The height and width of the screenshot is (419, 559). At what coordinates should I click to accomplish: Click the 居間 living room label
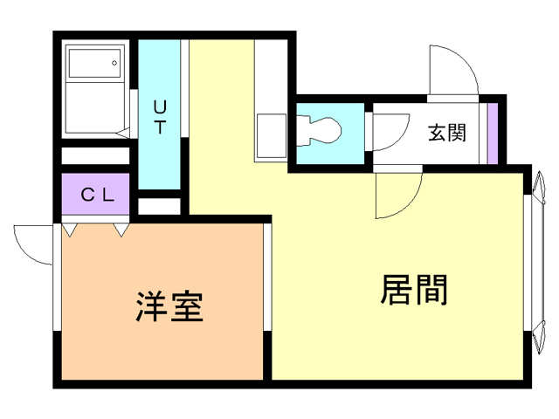point(414,290)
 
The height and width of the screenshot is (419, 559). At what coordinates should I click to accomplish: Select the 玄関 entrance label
point(445,134)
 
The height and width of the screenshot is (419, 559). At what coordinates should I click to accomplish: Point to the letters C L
point(98,195)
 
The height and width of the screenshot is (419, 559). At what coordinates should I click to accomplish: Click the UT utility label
point(160,117)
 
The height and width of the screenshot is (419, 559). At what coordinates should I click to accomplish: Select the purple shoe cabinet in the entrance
point(493,133)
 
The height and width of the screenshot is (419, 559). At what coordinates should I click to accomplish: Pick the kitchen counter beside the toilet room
point(270,135)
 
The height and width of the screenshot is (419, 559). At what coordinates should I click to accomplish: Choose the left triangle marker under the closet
point(70,230)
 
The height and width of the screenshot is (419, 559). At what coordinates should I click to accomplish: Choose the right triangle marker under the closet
point(121,230)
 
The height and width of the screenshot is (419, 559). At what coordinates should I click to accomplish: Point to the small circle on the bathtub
point(114,63)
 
